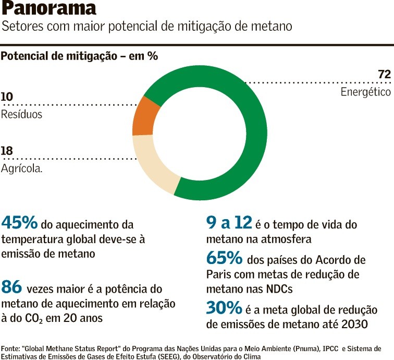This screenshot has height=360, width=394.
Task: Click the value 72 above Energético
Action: point(384,75)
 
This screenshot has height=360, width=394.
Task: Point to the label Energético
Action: point(365,92)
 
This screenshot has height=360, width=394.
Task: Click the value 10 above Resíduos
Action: point(7,97)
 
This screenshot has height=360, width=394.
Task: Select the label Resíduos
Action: point(21,114)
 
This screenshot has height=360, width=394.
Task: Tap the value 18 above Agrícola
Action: point(7,151)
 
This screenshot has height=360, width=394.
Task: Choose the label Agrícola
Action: point(21,169)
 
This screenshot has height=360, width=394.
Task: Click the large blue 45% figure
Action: point(20,223)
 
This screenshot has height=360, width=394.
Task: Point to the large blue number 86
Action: point(12,287)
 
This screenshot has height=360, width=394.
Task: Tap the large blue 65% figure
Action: point(224,258)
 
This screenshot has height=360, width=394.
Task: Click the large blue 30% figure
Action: point(224,308)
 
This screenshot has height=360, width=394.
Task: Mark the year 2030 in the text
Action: point(354,325)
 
